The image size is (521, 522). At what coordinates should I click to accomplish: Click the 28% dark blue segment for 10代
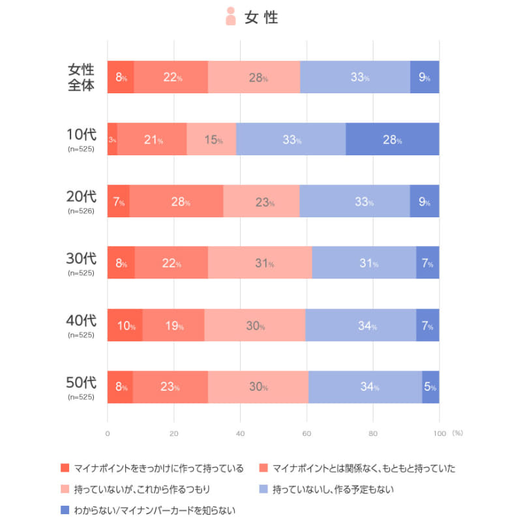[392, 139]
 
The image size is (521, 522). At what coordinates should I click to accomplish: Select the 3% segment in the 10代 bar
[112, 139]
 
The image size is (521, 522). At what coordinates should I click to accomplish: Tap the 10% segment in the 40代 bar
[125, 325]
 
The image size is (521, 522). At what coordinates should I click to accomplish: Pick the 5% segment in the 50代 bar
[430, 387]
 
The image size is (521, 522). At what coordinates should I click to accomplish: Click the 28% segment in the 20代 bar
[181, 201]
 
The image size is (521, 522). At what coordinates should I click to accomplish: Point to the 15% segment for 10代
[211, 139]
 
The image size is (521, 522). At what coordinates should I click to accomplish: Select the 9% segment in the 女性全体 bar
[424, 77]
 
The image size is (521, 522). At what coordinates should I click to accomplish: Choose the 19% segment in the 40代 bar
[173, 325]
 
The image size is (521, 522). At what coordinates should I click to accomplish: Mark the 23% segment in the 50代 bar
[171, 387]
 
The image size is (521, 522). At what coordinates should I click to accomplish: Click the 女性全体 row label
[82, 77]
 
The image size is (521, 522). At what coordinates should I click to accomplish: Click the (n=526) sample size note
[82, 211]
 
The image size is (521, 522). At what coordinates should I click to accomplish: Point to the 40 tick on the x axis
[240, 433]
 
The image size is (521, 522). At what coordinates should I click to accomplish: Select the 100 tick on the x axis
[439, 433]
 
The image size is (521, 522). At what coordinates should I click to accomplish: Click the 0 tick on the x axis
[108, 433]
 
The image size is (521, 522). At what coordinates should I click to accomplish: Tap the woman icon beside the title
[230, 16]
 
